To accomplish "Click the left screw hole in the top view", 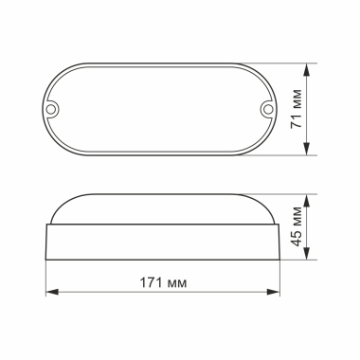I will pyautogui.click(x=56, y=109).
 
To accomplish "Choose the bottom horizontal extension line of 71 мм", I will pyautogui.click(x=284, y=154).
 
